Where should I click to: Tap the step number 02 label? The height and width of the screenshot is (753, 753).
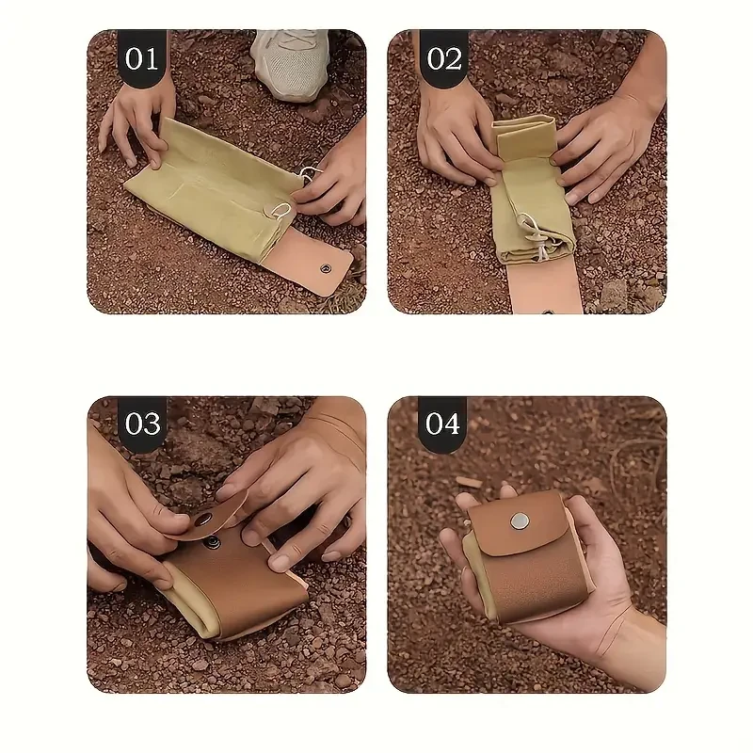point(444,58)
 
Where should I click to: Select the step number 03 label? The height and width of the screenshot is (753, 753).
point(142,424)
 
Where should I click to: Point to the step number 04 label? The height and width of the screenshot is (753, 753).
point(442,424)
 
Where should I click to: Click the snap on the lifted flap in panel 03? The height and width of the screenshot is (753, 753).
point(202,519)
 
